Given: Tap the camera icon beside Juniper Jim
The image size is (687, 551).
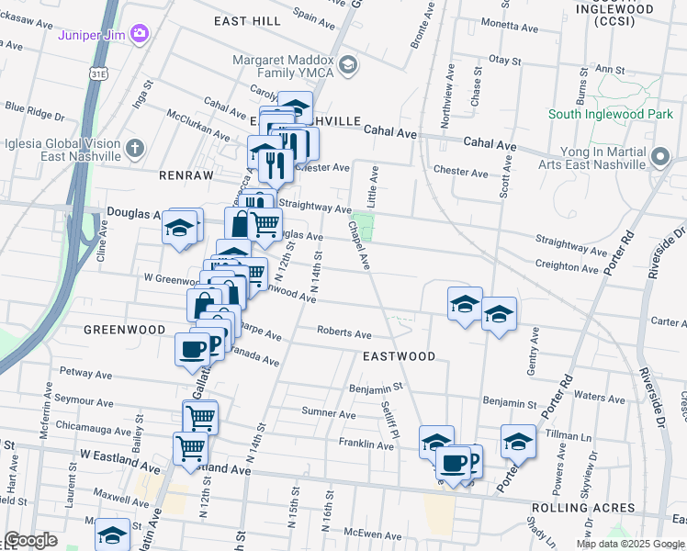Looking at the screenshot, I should click(x=140, y=34).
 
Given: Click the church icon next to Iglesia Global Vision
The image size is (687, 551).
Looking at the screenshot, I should click(x=135, y=148).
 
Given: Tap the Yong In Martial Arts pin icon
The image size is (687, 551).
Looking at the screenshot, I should click(x=659, y=158).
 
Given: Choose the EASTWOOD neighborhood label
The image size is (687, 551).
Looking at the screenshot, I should click(x=399, y=356).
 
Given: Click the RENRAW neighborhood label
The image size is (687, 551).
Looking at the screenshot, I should click(x=186, y=174).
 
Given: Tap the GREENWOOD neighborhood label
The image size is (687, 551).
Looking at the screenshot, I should click(x=124, y=329).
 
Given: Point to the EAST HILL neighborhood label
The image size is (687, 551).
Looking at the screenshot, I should click(x=247, y=19).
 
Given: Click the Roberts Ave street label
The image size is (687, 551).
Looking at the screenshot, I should click(x=343, y=332).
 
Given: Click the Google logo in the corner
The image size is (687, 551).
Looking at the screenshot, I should click(x=30, y=540).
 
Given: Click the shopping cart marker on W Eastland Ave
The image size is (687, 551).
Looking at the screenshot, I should click(x=190, y=449).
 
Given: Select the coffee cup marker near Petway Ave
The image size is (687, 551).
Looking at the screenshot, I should click(x=193, y=350).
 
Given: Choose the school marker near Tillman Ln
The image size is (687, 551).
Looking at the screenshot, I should click(x=518, y=442).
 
